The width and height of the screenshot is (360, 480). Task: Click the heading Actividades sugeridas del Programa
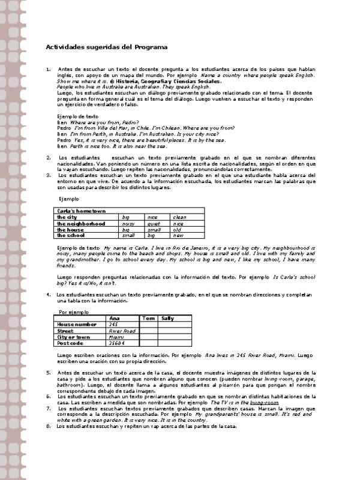point(107,47)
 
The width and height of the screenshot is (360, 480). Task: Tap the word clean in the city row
point(179,217)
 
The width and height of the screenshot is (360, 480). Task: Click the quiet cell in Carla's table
point(154,224)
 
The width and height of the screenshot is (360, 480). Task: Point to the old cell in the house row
point(177,230)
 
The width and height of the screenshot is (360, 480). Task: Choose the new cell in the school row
point(177,236)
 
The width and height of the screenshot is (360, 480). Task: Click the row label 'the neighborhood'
point(81,224)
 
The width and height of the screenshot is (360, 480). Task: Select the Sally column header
point(167,318)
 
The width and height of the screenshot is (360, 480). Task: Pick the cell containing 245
point(114,325)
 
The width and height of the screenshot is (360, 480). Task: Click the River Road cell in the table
point(122,331)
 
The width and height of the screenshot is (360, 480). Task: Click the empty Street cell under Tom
point(148,331)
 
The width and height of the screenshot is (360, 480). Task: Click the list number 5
point(48,373)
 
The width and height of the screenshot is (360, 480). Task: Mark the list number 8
point(48,426)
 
